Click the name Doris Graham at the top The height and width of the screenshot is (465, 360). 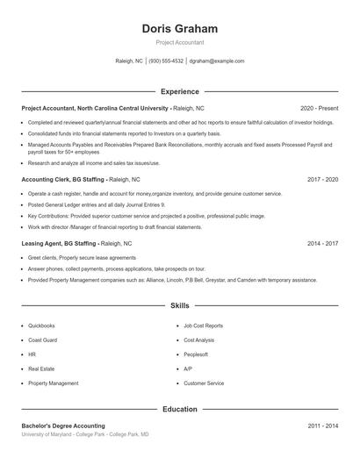pyautogui.click(x=179, y=28)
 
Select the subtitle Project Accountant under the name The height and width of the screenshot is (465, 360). pyautogui.click(x=179, y=41)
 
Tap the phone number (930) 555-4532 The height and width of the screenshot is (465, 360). pyautogui.click(x=166, y=61)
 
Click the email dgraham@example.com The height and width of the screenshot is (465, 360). pyautogui.click(x=218, y=61)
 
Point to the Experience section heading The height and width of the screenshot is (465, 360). pyautogui.click(x=179, y=91)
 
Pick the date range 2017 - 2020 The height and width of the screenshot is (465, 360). pyautogui.click(x=322, y=179)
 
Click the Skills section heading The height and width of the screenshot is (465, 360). pyautogui.click(x=179, y=306)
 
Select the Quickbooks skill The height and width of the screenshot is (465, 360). pyautogui.click(x=41, y=325)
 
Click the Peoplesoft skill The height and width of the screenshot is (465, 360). pyautogui.click(x=196, y=354)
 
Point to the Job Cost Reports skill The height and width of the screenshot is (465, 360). pyautogui.click(x=203, y=325)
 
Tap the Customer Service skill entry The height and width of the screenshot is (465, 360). pyautogui.click(x=203, y=383)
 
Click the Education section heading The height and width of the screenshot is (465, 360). pyautogui.click(x=179, y=409)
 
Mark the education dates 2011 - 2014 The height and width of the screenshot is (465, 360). pyautogui.click(x=322, y=426)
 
